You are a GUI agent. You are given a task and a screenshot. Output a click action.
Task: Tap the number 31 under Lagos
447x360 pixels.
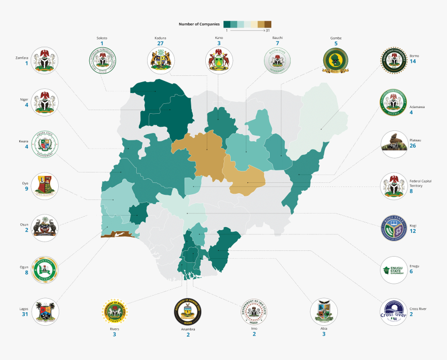click(24, 314)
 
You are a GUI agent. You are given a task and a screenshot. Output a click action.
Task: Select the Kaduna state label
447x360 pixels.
click(160, 38)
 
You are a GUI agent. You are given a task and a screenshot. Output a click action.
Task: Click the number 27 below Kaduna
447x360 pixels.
click(160, 44)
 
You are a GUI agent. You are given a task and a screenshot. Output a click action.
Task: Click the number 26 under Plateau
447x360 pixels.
click(413, 146)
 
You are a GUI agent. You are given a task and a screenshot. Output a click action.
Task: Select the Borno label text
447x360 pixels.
click(414, 56)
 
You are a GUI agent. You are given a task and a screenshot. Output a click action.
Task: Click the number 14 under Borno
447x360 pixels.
click(413, 61)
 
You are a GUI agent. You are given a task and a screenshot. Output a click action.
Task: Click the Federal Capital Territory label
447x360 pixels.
click(420, 183)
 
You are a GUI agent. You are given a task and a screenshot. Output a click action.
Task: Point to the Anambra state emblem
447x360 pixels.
click(188, 312)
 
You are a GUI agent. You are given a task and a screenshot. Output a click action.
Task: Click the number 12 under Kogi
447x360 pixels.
click(413, 231)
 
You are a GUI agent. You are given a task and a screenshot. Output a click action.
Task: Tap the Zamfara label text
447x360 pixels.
click(22, 57)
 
